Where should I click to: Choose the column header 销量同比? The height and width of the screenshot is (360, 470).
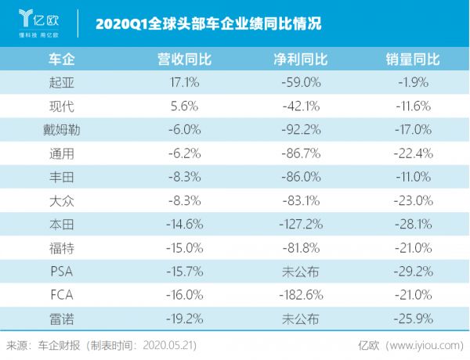click(412, 59)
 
